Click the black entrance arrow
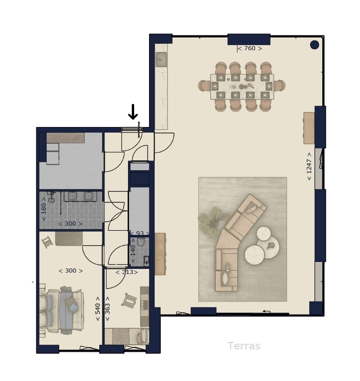(x=133, y=112)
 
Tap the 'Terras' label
(x=244, y=346)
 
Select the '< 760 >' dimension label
(x=249, y=48)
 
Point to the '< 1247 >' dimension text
(x=309, y=166)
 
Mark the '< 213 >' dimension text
(x=126, y=272)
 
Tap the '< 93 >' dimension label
(x=139, y=234)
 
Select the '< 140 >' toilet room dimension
(x=133, y=251)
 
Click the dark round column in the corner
(x=314, y=45)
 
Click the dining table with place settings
(x=242, y=87)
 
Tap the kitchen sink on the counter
(x=161, y=60)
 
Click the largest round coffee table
(x=254, y=254)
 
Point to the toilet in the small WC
(x=141, y=241)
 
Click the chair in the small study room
(x=129, y=300)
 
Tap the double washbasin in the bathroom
(x=79, y=196)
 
